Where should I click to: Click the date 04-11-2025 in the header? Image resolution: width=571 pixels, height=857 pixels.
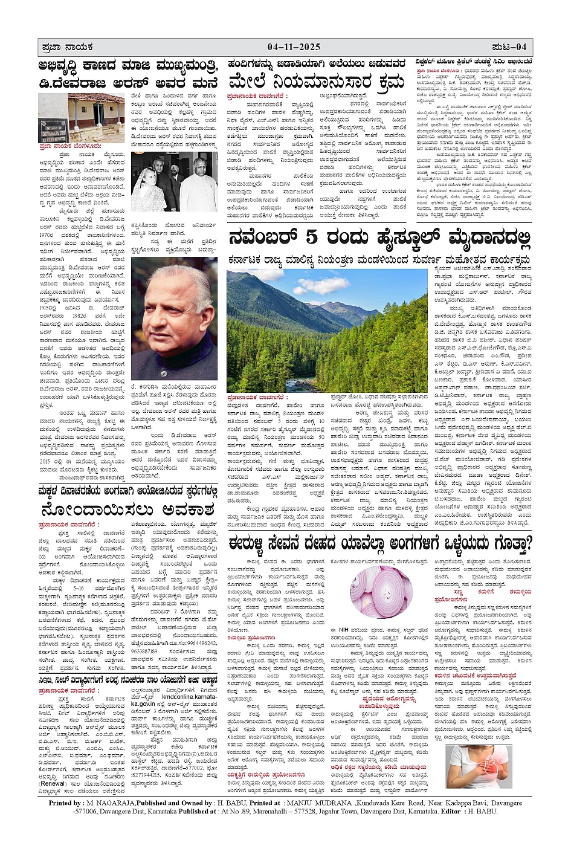tap(294, 47)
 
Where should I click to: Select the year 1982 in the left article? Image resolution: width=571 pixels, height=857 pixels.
tap(79, 315)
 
